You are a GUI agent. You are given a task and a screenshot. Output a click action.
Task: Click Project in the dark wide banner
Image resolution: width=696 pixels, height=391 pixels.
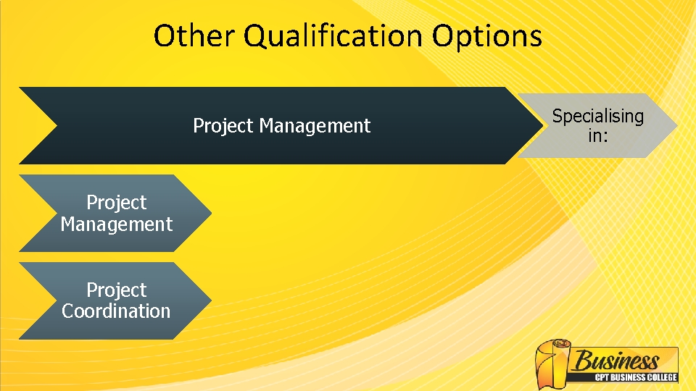pos(223,126)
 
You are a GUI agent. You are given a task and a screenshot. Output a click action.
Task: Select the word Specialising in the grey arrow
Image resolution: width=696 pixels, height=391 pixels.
pos(597,116)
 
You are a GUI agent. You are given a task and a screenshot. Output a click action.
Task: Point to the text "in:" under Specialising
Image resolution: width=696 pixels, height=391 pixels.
pos(597,135)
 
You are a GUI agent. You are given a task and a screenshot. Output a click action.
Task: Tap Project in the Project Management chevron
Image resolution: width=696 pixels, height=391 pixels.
pos(117,203)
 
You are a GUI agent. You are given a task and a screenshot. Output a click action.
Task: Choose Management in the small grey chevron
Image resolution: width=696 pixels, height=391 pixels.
pos(117,224)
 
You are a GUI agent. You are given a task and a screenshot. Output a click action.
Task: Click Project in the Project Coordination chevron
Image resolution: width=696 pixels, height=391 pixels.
pos(117,290)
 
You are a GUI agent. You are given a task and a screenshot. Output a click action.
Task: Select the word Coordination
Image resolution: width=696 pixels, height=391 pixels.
pos(117,311)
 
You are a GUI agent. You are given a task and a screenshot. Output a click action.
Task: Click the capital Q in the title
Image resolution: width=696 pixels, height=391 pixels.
pos(256,36)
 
